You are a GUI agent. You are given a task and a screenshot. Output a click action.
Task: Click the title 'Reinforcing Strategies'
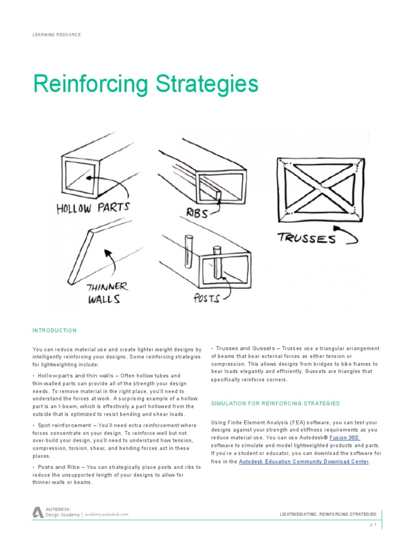coord(146,84)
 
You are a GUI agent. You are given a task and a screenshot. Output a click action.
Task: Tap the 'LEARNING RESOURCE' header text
coord(57,34)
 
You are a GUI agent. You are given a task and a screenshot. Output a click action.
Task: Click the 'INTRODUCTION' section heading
coord(54,330)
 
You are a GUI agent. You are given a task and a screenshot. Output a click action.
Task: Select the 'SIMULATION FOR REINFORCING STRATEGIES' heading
coord(275,403)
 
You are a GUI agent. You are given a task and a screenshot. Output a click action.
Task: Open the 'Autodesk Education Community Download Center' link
coord(303,462)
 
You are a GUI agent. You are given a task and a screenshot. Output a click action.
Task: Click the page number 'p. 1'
coord(372,525)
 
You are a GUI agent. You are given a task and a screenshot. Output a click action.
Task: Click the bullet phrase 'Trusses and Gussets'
coord(246,348)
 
